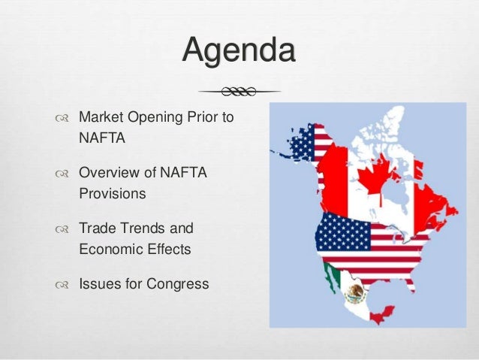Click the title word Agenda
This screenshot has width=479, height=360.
(x=239, y=53)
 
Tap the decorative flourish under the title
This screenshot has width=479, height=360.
(x=239, y=91)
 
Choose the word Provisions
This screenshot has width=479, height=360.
(x=112, y=193)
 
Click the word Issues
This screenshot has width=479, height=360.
(x=97, y=285)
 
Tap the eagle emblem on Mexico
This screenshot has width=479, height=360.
(x=354, y=292)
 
